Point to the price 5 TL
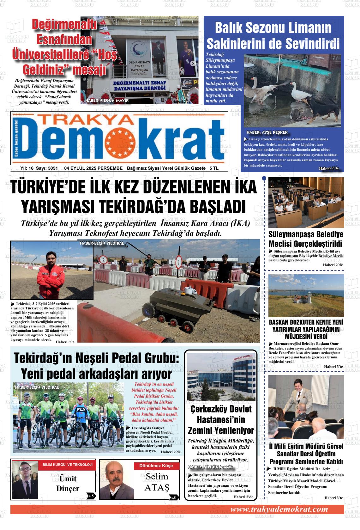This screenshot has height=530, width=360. point(214,168)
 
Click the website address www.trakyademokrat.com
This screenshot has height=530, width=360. point(279,509)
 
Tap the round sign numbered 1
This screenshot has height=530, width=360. point(179,262)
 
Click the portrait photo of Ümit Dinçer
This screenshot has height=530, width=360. point(24,479)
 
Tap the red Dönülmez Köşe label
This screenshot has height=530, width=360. point(156,466)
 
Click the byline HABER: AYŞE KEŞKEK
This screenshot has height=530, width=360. point(267,132)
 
